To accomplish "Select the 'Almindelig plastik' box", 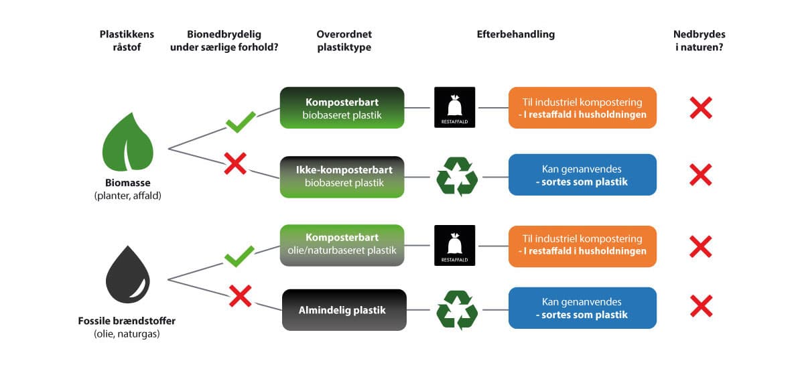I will point(344,310).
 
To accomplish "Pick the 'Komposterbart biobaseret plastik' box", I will point(342,108).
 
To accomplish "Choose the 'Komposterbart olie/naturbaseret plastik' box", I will point(342,244).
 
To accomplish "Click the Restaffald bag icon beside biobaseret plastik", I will point(454,107).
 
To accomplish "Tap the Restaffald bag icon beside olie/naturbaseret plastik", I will point(454,245).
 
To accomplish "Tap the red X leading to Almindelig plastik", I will point(240,296).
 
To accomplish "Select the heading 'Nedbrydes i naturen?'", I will point(700,40).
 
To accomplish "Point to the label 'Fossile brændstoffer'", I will point(127,321).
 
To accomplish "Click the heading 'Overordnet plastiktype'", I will point(344,40).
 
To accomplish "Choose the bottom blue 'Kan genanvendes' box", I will point(582,308).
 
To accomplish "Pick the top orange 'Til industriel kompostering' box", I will point(582,108).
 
